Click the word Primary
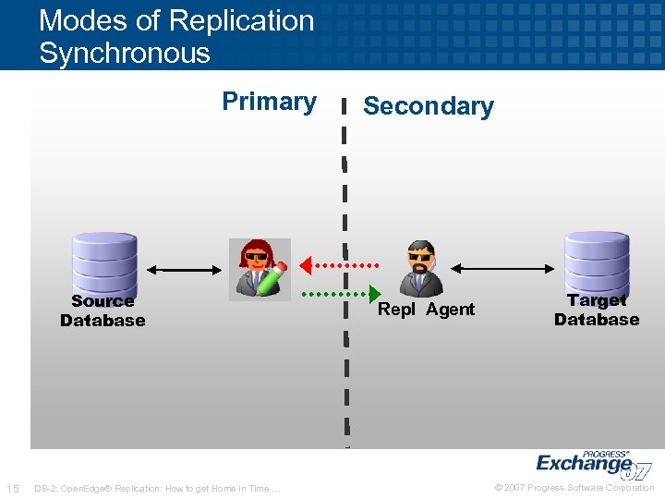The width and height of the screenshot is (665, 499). (x=269, y=101)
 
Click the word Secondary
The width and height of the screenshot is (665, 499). (x=428, y=106)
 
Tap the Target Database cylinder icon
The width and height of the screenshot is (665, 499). (x=597, y=262)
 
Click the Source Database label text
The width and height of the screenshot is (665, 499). (x=103, y=310)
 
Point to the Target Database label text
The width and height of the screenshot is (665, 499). (x=597, y=310)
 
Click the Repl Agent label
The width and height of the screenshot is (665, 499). (x=426, y=310)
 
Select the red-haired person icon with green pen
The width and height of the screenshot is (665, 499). (x=260, y=269)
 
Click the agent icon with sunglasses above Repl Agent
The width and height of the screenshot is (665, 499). (x=421, y=268)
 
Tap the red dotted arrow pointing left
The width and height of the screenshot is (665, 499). (x=337, y=263)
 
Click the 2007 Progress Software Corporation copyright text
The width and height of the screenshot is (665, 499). (x=574, y=488)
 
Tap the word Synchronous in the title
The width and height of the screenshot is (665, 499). (x=125, y=53)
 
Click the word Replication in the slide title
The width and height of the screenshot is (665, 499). (x=245, y=20)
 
